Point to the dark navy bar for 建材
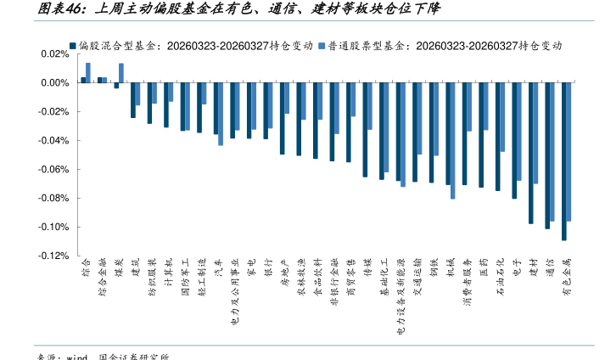click(x=530, y=153)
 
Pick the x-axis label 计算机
click(x=168, y=273)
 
